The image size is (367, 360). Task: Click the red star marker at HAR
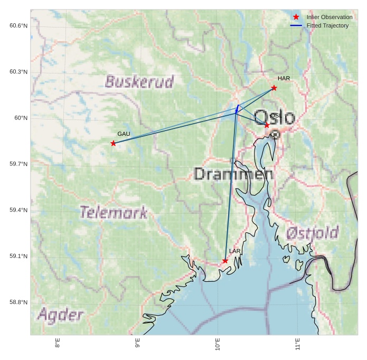tap(274, 88)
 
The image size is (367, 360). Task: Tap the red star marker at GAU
tap(113, 143)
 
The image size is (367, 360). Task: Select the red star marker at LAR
tap(225, 261)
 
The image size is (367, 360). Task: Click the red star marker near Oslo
tap(267, 125)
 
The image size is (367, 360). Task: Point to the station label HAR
tap(284, 79)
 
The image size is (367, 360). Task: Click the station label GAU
tap(124, 134)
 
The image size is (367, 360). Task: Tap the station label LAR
tap(234, 251)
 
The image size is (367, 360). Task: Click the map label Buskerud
tap(139, 82)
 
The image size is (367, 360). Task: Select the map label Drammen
tap(233, 174)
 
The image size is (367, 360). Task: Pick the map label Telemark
tap(114, 213)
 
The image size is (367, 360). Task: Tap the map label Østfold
tap(312, 233)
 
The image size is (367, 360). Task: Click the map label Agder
tap(60, 316)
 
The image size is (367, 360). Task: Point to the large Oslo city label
tap(274, 117)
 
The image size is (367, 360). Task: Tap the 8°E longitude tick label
tap(57, 345)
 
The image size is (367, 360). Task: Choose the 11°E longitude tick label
tap(298, 345)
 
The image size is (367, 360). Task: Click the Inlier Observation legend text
tap(329, 17)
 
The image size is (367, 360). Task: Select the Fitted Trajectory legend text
tap(327, 25)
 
